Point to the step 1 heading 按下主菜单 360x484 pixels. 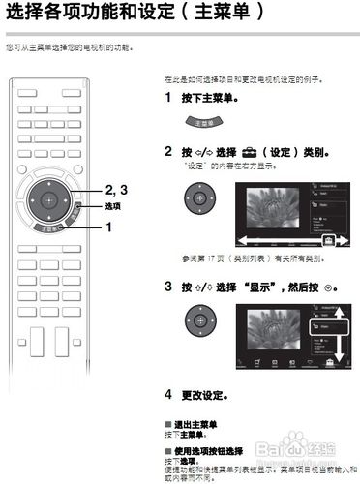[x=209, y=99]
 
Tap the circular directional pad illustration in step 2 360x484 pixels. [x=197, y=197]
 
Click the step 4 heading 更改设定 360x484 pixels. [x=209, y=394]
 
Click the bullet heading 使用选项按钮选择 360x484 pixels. [x=207, y=449]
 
